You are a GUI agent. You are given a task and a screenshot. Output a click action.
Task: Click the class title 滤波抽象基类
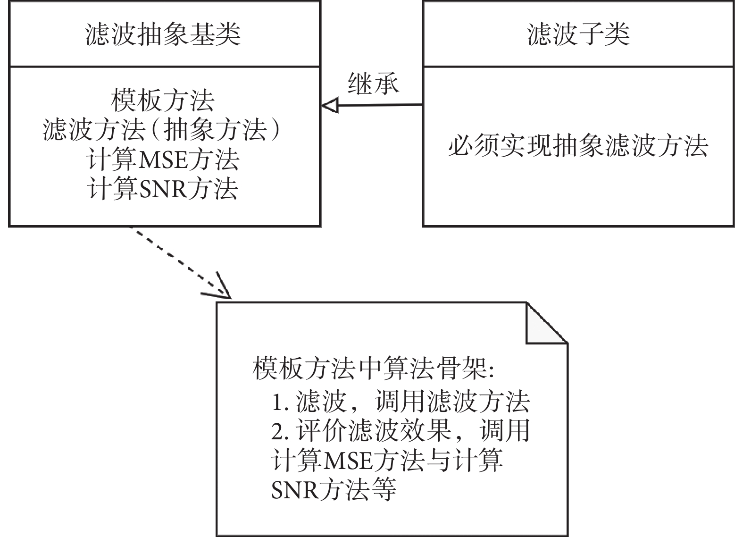tap(163, 34)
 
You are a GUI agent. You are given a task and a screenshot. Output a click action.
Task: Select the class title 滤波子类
tap(578, 34)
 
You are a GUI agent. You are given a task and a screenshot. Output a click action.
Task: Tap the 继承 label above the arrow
tap(373, 84)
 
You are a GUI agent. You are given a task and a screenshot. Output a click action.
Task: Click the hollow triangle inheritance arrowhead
tap(330, 106)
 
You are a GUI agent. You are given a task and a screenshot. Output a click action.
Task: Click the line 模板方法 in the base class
tap(163, 100)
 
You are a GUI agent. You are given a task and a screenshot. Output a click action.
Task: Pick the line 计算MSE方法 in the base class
tap(163, 159)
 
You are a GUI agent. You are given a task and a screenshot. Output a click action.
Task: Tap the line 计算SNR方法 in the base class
tap(163, 188)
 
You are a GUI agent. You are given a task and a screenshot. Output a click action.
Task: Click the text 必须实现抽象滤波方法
tap(578, 145)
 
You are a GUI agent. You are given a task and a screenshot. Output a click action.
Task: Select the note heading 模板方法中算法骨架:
tap(373, 369)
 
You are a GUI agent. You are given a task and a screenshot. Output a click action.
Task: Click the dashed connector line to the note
tap(177, 260)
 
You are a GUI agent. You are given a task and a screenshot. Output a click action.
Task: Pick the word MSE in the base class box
tap(163, 160)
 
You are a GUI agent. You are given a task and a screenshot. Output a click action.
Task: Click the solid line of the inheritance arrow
tap(380, 105)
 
